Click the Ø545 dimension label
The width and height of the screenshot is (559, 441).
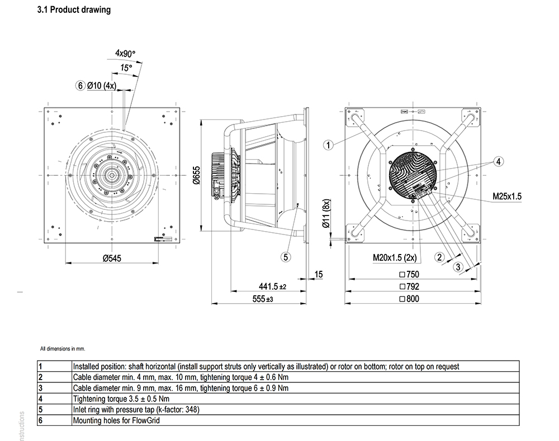point(112,258)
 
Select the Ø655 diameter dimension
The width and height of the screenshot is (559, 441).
point(196,175)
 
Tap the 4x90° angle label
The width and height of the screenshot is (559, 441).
point(125,54)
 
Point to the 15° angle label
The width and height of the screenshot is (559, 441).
point(126,68)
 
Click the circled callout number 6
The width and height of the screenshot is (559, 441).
point(80,85)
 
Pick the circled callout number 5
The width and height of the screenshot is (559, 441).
point(286,257)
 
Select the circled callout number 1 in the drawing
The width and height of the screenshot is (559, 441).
point(328,145)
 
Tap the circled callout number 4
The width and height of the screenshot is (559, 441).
point(499,161)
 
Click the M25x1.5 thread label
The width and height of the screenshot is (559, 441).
point(507,196)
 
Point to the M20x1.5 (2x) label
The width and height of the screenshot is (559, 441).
point(395,257)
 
